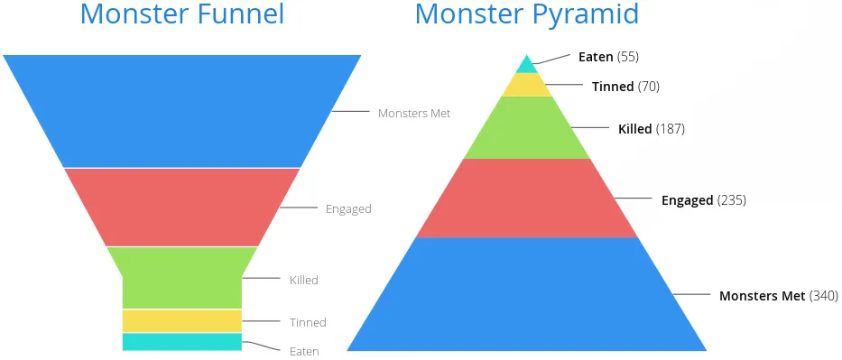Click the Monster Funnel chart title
[181, 14]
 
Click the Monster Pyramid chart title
[527, 14]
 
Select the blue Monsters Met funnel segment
[181, 110]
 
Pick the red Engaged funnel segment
[181, 207]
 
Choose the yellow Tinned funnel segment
[181, 320]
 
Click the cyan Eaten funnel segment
[181, 342]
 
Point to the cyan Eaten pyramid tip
[526, 66]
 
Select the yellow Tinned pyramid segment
[526, 85]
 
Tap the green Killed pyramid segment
[526, 128]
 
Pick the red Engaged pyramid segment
[526, 198]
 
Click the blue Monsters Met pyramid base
[526, 295]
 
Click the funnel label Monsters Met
[414, 114]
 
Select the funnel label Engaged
[348, 209]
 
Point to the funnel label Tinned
[308, 322]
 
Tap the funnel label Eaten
[304, 351]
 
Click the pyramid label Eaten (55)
[608, 57]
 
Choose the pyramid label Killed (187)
[651, 129]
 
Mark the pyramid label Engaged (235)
[703, 200]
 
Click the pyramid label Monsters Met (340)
[778, 296]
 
